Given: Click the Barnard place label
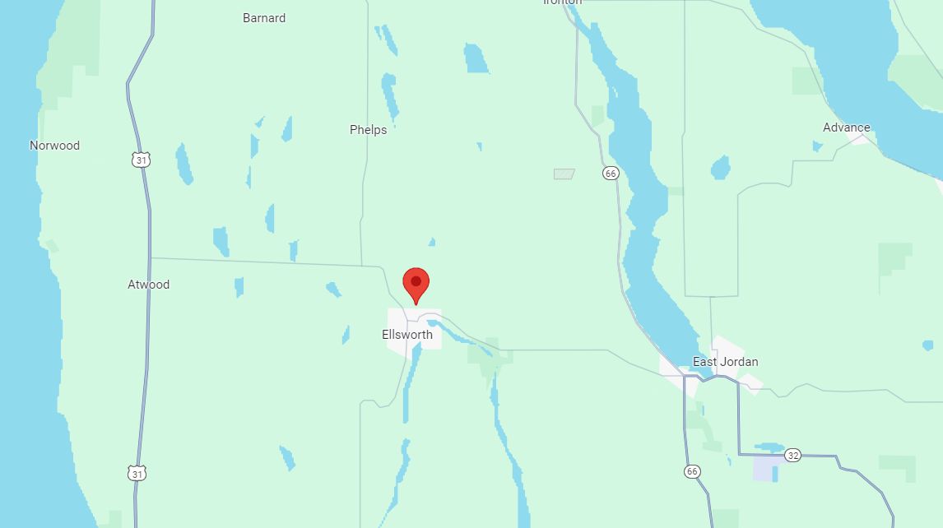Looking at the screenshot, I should point(264,17).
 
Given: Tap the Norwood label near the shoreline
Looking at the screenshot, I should point(54,146).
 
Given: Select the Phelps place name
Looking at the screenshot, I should point(368,130).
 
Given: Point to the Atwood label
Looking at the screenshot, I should point(148,285).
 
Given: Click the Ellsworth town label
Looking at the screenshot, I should point(406,335).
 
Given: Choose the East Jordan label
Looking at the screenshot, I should point(725,362).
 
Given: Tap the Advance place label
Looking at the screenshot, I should point(846,127).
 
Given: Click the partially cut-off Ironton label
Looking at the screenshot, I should point(562,2).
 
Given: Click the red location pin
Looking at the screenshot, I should point(416,284).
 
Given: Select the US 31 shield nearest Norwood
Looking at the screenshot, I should point(142,160).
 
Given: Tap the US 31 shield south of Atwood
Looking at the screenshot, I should point(137,473).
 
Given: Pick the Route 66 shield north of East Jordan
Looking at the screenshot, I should point(610,173).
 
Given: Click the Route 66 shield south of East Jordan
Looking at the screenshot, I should point(692,471).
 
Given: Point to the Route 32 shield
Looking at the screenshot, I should point(792,455).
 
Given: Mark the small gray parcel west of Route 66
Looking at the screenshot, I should point(564,174).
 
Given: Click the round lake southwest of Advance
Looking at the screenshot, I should point(720,169).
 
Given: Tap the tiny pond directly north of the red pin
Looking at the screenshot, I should point(431,242).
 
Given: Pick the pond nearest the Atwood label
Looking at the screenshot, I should point(239,287).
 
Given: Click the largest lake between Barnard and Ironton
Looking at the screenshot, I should point(476,58).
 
